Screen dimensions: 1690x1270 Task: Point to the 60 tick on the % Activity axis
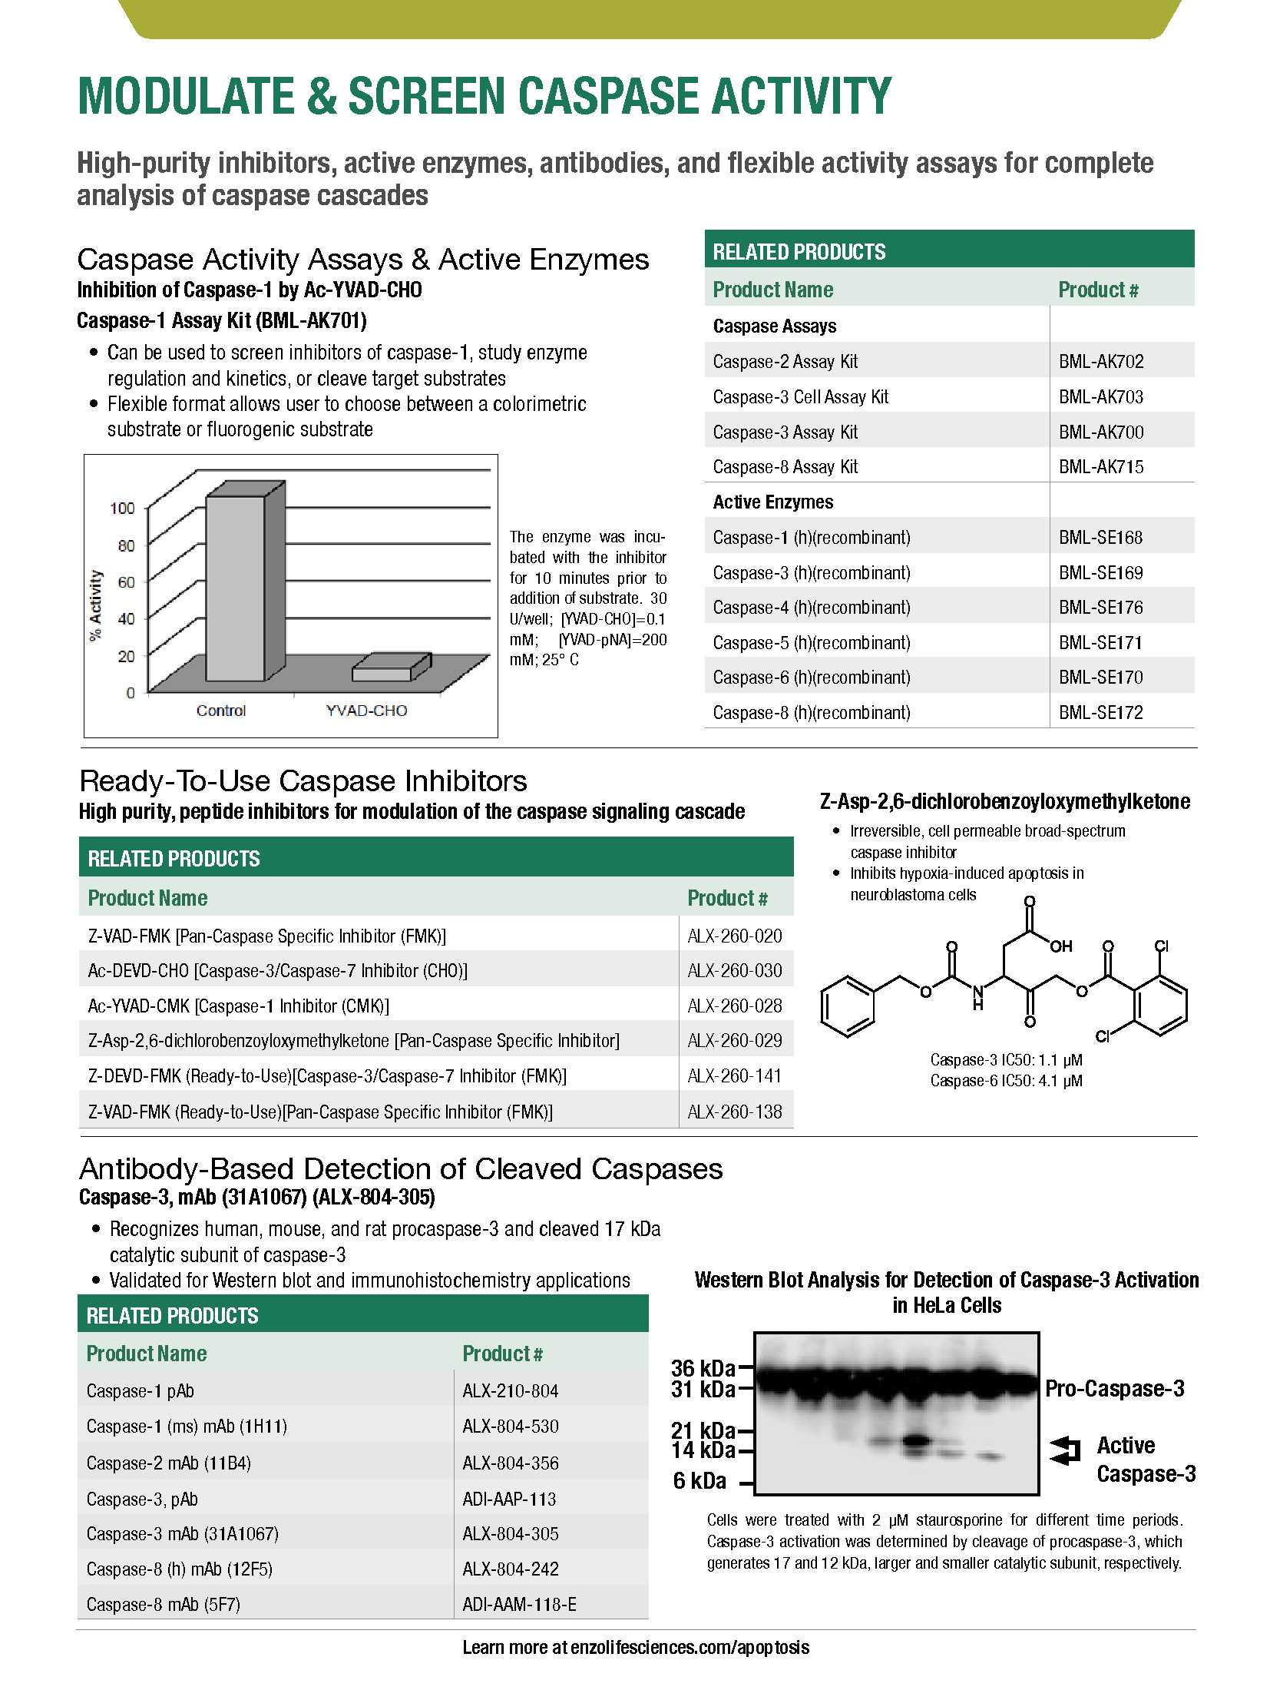[126, 582]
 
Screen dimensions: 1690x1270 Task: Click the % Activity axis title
[95, 605]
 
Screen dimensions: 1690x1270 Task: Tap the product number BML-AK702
[1101, 362]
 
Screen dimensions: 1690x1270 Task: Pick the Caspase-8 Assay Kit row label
[785, 467]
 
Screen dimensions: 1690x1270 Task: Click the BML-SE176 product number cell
[1100, 608]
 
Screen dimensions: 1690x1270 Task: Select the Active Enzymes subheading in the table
[772, 502]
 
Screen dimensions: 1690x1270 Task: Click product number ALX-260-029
[735, 1041]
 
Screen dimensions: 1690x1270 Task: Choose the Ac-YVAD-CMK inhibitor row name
[238, 1006]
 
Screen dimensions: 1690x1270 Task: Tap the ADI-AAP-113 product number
[509, 1499]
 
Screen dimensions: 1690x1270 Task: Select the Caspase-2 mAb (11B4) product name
[168, 1463]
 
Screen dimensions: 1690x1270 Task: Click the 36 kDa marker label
[703, 1368]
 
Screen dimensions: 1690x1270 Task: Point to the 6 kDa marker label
[699, 1480]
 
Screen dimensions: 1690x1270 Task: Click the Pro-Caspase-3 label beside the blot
[1114, 1389]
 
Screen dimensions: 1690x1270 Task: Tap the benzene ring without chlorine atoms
[848, 1006]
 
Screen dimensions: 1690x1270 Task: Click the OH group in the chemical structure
[1060, 947]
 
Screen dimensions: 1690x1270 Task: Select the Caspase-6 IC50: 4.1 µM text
[1006, 1081]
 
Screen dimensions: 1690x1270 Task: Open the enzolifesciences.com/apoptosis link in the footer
[690, 1648]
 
